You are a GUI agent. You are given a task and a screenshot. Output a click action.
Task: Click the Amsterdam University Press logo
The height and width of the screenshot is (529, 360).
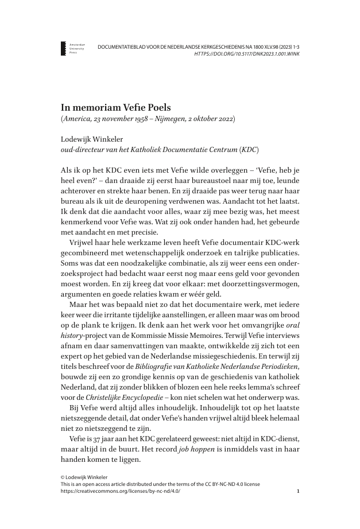(x=64, y=48)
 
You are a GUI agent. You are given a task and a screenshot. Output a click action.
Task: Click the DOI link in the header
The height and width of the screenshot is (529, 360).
(x=247, y=54)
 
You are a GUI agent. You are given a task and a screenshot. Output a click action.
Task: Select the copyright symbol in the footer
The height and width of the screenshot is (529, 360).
(x=63, y=477)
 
